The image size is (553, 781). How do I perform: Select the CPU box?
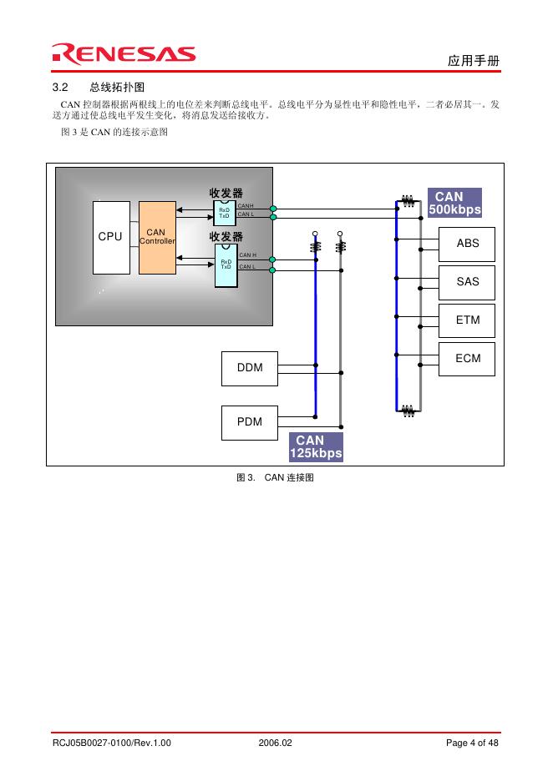tap(111, 237)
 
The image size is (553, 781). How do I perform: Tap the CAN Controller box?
tap(157, 237)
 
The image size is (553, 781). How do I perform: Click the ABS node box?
tap(468, 244)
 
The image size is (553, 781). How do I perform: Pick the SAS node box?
tap(468, 282)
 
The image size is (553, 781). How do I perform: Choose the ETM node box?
tap(468, 320)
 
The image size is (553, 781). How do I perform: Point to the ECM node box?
tap(468, 359)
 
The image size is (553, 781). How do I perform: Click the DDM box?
tap(250, 369)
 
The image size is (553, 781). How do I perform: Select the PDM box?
tap(250, 421)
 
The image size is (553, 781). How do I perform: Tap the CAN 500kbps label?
tap(454, 203)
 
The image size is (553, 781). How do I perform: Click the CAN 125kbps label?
tap(316, 446)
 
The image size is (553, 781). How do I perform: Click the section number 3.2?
tap(59, 88)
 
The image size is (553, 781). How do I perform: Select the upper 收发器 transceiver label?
tap(226, 194)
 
